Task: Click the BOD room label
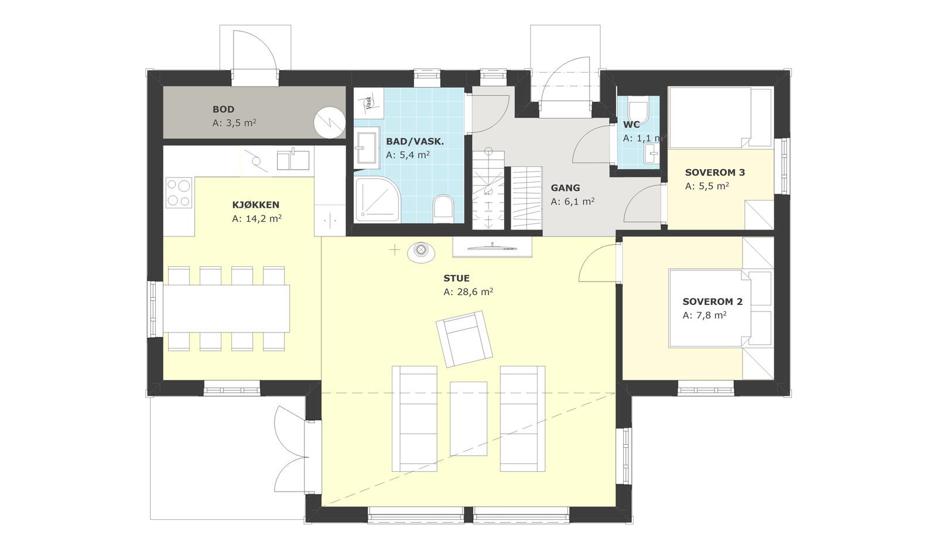(x=223, y=109)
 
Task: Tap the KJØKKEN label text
(x=255, y=205)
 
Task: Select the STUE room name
(x=456, y=279)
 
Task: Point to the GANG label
(x=565, y=188)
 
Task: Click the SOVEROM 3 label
(x=715, y=172)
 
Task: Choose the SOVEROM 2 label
(x=712, y=302)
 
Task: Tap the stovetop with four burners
(x=179, y=193)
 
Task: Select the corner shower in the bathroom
(x=378, y=199)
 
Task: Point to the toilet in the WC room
(x=638, y=111)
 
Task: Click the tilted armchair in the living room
(x=464, y=339)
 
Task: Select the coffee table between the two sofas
(x=468, y=418)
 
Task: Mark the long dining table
(x=226, y=308)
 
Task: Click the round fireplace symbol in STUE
(x=421, y=252)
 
